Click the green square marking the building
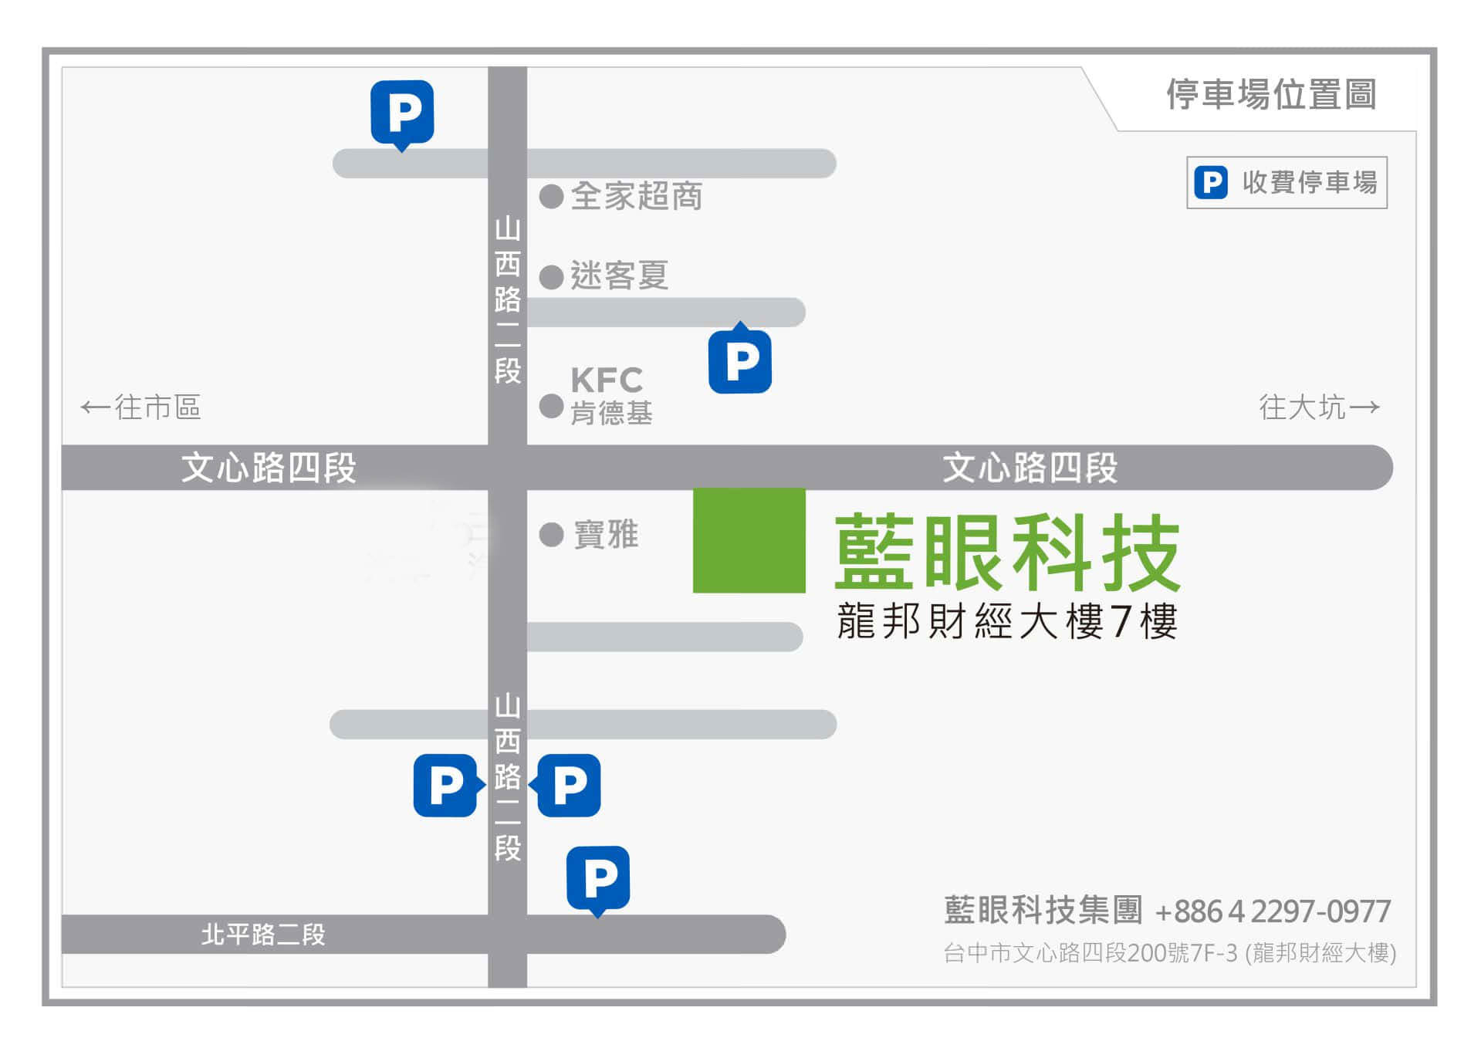749,540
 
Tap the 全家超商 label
637,196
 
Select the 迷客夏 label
619,276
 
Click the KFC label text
607,380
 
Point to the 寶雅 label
606,534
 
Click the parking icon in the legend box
1210,183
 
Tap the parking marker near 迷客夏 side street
739,360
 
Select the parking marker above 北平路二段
598,878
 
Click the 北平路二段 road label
263,935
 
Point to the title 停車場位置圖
1270,95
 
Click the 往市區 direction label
141,407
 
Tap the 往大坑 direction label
1319,407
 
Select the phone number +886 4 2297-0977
1273,911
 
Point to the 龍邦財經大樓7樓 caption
1007,621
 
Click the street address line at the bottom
1169,953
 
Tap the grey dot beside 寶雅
551,534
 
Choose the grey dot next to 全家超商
551,196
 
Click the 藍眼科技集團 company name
1043,910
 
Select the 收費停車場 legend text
1309,183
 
